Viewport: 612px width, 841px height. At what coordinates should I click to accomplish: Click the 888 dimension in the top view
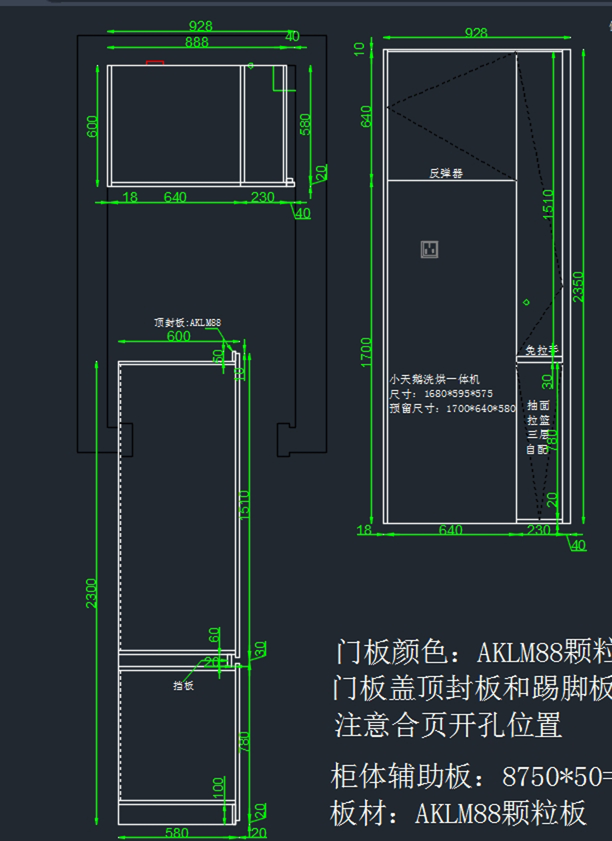(196, 42)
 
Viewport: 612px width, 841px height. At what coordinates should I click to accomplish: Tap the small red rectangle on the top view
(155, 63)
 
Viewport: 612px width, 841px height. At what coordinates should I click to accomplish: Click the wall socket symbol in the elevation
(429, 249)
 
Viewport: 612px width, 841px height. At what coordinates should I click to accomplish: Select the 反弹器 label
(446, 173)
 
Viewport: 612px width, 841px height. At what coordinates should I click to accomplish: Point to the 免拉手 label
(542, 350)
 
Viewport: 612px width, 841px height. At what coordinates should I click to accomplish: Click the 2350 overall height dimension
(578, 287)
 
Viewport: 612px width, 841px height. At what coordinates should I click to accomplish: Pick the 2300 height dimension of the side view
(91, 593)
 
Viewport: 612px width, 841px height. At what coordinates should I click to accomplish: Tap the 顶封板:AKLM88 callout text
(187, 322)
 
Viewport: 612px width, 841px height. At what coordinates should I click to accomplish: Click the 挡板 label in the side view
(183, 685)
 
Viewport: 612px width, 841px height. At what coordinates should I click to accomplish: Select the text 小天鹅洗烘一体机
(435, 379)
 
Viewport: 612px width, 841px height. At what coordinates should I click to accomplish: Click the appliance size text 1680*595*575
(458, 394)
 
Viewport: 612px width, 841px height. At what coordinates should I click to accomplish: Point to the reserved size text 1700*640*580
(480, 409)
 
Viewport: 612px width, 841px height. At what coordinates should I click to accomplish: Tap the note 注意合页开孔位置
(448, 725)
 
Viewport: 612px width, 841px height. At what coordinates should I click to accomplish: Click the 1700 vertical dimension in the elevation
(366, 352)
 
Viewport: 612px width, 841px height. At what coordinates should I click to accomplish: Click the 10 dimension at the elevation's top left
(360, 49)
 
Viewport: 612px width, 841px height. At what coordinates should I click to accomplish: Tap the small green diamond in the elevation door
(526, 302)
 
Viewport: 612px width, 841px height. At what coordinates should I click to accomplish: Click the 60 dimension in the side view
(214, 634)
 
